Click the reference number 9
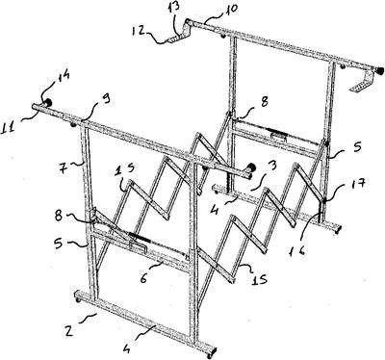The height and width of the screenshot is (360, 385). pyautogui.click(x=106, y=99)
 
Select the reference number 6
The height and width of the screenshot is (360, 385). pyautogui.click(x=143, y=278)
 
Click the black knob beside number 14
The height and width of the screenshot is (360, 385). pyautogui.click(x=48, y=103)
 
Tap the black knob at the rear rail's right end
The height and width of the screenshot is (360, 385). pyautogui.click(x=379, y=70)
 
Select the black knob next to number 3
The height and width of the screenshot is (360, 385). pyautogui.click(x=251, y=167)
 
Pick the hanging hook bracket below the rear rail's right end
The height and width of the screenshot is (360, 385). pyautogui.click(x=363, y=82)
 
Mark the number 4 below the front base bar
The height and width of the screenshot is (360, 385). pyautogui.click(x=127, y=347)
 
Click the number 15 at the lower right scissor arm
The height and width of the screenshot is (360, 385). pyautogui.click(x=259, y=279)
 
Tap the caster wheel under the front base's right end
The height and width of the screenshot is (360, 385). pyautogui.click(x=210, y=356)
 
